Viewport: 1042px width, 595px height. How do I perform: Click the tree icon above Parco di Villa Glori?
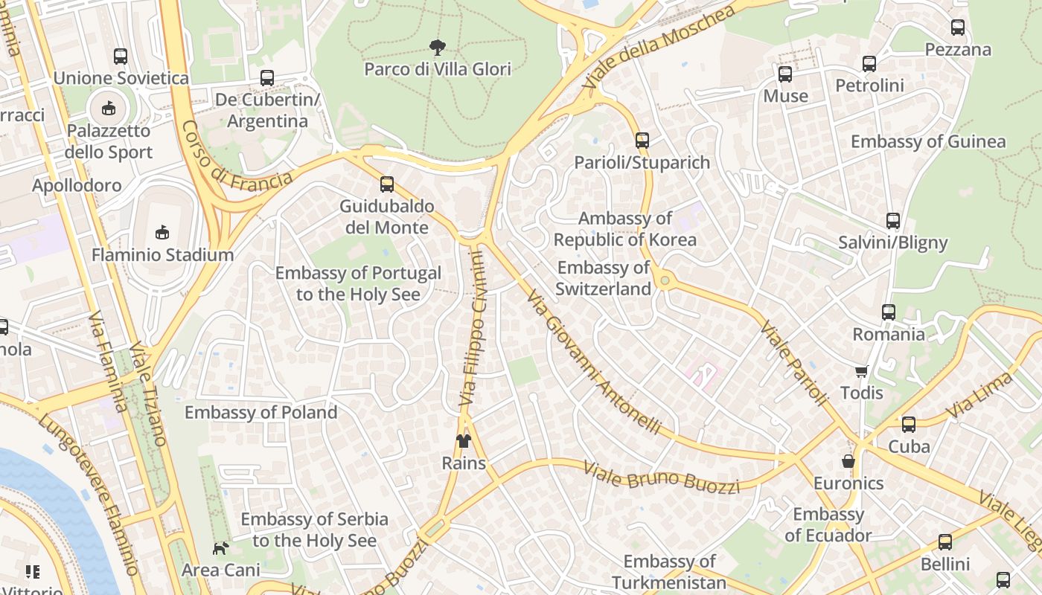pyautogui.click(x=438, y=48)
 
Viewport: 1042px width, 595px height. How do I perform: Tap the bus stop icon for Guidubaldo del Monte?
pyautogui.click(x=386, y=184)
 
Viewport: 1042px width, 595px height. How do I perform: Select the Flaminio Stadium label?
pyautogui.click(x=162, y=255)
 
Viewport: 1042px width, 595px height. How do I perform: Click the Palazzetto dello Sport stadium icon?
pyautogui.click(x=109, y=109)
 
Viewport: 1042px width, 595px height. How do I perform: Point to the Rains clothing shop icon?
pyautogui.click(x=464, y=441)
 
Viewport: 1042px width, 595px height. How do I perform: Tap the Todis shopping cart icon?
pyautogui.click(x=861, y=371)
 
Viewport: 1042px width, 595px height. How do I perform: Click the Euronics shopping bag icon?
pyautogui.click(x=848, y=462)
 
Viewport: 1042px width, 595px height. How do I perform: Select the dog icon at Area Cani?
pyautogui.click(x=220, y=548)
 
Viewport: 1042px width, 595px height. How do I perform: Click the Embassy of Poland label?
pyautogui.click(x=260, y=412)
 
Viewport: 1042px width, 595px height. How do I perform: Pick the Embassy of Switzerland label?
pyautogui.click(x=604, y=278)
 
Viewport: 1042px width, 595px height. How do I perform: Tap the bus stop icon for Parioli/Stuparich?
pyautogui.click(x=642, y=140)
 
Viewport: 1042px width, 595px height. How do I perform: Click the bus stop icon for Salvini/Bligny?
pyautogui.click(x=892, y=221)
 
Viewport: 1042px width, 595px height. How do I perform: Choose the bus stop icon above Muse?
pyautogui.click(x=785, y=74)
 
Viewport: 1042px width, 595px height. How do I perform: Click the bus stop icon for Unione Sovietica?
pyautogui.click(x=120, y=57)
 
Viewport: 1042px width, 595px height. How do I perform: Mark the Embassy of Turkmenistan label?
pyautogui.click(x=669, y=572)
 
